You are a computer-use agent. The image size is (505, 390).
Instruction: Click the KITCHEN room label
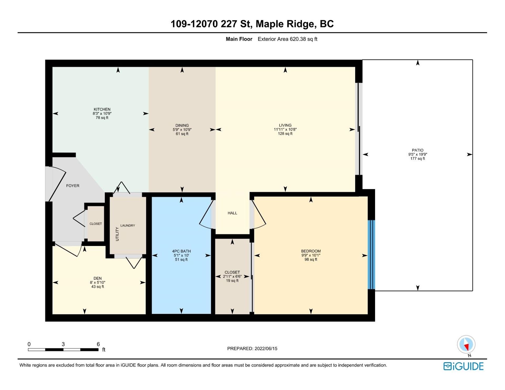(x=102, y=109)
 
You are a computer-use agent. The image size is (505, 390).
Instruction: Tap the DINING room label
(x=182, y=125)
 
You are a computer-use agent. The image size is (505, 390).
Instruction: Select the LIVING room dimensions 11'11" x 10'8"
(x=285, y=129)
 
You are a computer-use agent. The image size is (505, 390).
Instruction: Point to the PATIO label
(x=418, y=150)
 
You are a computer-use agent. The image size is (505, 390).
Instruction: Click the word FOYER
(x=73, y=186)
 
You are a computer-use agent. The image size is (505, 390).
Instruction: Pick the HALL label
(x=232, y=213)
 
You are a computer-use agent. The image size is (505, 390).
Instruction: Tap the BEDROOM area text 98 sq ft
(x=311, y=259)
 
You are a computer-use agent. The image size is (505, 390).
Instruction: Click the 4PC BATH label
(x=181, y=251)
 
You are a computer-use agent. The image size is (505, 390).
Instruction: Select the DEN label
(x=98, y=278)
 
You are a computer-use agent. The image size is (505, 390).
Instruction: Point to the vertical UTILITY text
(x=117, y=234)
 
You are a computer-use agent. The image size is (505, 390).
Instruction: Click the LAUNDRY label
(x=128, y=225)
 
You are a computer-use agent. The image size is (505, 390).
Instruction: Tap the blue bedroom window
(x=371, y=254)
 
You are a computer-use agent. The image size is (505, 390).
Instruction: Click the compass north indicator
(x=466, y=345)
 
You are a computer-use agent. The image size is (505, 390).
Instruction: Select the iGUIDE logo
(x=463, y=366)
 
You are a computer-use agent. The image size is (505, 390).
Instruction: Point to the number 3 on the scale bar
(x=63, y=344)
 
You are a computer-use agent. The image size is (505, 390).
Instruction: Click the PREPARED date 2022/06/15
(x=266, y=348)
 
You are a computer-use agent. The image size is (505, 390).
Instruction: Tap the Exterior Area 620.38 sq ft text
(x=287, y=39)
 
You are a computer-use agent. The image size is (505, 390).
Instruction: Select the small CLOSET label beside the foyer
(x=95, y=224)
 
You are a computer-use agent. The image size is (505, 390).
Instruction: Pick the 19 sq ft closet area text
(x=232, y=281)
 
